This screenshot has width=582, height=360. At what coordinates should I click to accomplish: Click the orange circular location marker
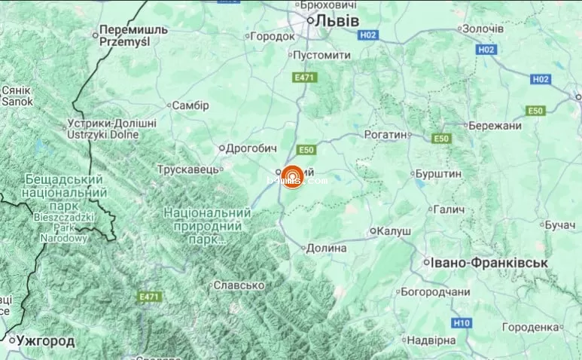point(293,177)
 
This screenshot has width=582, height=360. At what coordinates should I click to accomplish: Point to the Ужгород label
point(46,341)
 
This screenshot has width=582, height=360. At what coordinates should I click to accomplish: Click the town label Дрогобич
point(253,148)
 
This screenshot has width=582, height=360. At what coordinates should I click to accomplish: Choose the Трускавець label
point(188,169)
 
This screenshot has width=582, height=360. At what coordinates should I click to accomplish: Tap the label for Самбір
point(190,105)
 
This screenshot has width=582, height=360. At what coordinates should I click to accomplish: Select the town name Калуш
point(394,231)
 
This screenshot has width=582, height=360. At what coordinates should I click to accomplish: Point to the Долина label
point(327,248)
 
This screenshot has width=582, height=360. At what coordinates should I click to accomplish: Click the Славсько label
point(239,285)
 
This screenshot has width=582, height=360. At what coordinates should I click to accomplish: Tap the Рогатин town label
point(388,134)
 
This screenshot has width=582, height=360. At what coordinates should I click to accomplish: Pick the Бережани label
point(495,126)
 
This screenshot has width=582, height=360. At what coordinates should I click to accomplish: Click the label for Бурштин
point(438,173)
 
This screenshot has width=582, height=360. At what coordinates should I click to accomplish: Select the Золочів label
point(483,29)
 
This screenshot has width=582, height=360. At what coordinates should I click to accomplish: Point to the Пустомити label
point(321,56)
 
